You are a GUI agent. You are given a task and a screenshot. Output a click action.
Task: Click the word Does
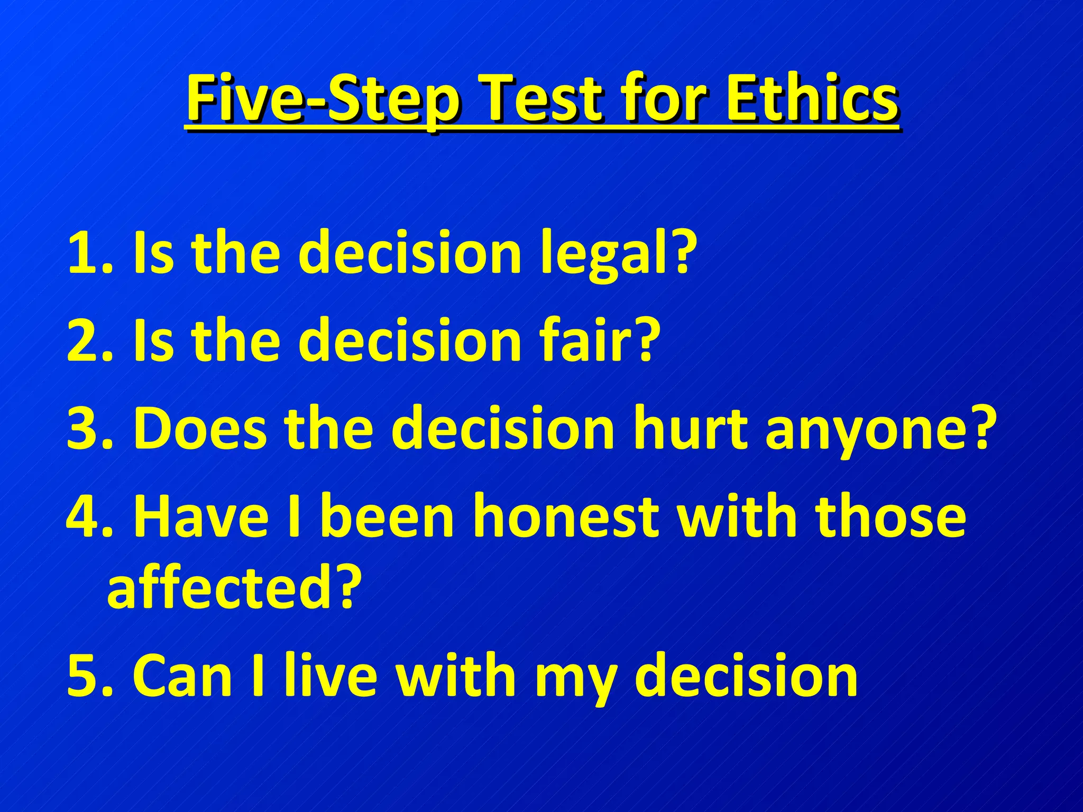(x=200, y=429)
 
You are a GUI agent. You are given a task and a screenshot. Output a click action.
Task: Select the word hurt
(x=691, y=429)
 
